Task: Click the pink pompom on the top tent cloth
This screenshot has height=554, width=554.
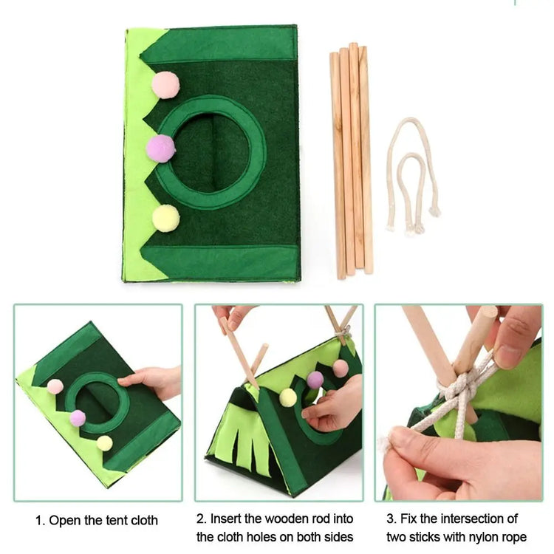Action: [165, 85]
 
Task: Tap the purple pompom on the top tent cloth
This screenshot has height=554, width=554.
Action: [161, 148]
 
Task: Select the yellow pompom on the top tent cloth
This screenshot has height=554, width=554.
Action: [165, 219]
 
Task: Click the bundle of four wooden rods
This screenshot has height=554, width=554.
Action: [351, 161]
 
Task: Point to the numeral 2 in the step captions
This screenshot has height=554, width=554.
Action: [201, 519]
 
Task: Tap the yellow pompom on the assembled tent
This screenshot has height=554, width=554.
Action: [288, 397]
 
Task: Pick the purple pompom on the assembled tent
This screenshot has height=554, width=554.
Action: [315, 380]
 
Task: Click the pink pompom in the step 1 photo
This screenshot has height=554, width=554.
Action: [55, 386]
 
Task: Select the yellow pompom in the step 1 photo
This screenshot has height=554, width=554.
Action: [105, 443]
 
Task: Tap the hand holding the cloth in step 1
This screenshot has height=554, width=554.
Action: [152, 382]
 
